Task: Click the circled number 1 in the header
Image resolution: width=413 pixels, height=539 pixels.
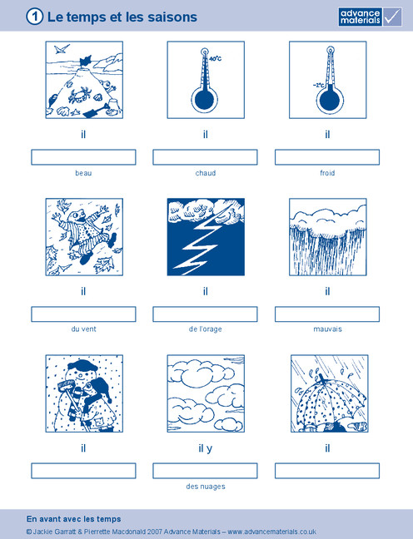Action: (x=34, y=17)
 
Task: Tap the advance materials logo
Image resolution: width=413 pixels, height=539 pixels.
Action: (x=371, y=17)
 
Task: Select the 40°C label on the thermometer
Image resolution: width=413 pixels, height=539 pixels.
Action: (x=216, y=59)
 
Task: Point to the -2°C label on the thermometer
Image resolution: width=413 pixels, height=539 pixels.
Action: (x=318, y=85)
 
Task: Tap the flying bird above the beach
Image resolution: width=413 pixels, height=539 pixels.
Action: (x=62, y=49)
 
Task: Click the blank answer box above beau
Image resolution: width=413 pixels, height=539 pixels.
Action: (x=83, y=157)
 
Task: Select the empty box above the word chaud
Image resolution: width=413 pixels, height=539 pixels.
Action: (x=205, y=157)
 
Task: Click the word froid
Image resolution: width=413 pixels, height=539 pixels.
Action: (x=327, y=173)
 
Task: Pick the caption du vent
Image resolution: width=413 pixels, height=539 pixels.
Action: (x=83, y=329)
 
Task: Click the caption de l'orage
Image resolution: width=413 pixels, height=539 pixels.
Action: (x=205, y=329)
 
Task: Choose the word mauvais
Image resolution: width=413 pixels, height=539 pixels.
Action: (x=327, y=329)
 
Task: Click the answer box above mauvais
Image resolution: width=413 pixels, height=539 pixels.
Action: (x=327, y=314)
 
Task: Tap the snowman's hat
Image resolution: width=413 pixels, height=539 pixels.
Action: (x=82, y=365)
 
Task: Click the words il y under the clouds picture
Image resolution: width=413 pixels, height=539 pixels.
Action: (x=206, y=448)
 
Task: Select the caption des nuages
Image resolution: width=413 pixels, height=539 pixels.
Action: (x=206, y=487)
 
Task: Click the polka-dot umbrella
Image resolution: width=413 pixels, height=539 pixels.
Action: (x=330, y=403)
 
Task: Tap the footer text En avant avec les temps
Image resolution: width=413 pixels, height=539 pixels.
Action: (x=73, y=519)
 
